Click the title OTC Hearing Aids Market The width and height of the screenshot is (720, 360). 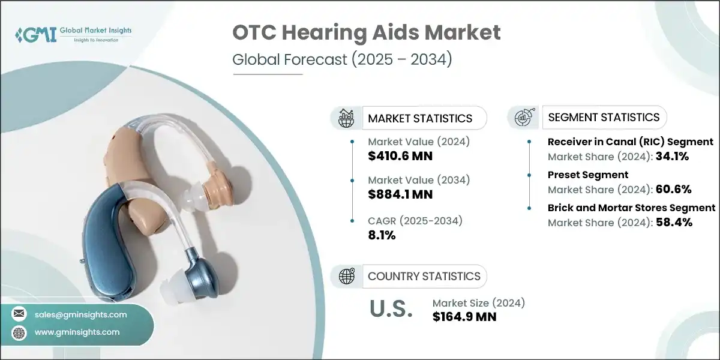(367, 33)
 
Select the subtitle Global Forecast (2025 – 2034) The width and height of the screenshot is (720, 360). (342, 60)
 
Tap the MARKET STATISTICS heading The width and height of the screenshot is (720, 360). (420, 118)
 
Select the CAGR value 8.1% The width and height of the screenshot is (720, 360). (382, 235)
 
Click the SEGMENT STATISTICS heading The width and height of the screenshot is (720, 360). (604, 117)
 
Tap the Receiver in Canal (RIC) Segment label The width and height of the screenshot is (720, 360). (630, 142)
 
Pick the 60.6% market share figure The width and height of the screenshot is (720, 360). (673, 189)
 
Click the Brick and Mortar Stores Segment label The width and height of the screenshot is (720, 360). (631, 208)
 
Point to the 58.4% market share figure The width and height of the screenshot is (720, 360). (673, 222)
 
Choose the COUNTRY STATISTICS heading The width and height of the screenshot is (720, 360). (424, 276)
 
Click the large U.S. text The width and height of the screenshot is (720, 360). (390, 309)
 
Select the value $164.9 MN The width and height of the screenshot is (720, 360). (464, 317)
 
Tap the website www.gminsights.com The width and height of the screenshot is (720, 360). (77, 332)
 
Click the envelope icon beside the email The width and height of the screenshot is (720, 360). (20, 314)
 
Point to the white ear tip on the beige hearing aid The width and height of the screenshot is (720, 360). (195, 195)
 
